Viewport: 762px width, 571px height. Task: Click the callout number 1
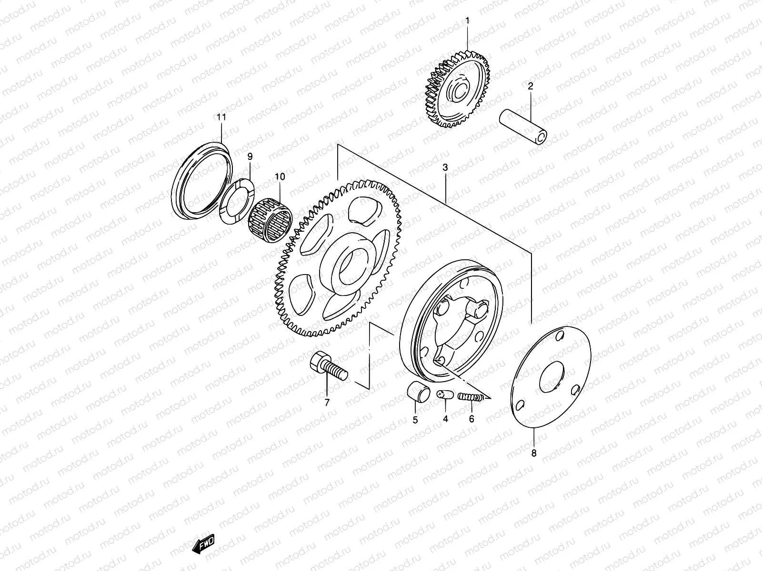click(467, 20)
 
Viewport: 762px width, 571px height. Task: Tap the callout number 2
click(530, 86)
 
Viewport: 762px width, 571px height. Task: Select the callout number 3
click(445, 167)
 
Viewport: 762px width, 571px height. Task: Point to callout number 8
click(533, 453)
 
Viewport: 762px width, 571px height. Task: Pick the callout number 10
click(279, 177)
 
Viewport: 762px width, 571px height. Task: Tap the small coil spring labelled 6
click(472, 396)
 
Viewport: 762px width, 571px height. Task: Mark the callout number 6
click(471, 419)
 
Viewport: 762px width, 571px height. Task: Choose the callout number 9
click(250, 156)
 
